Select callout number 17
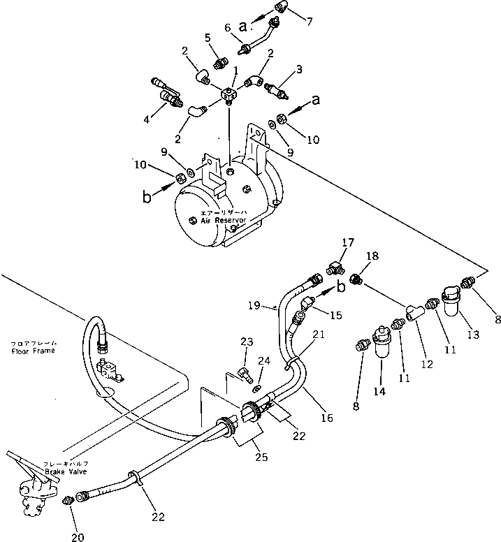347,243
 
